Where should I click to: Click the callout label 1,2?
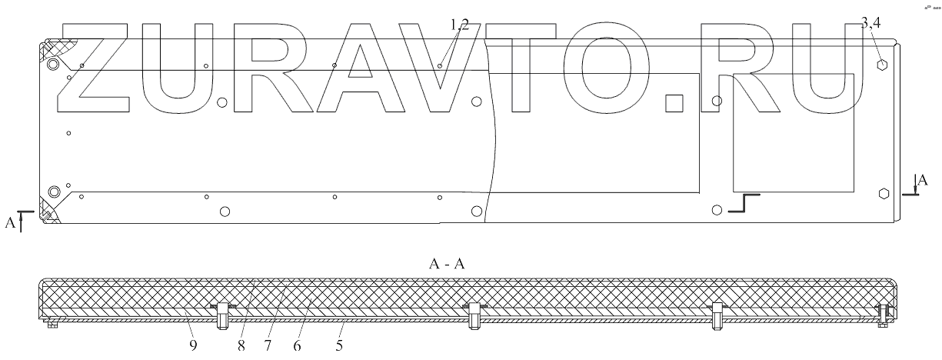[x=460, y=25]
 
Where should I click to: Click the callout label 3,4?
[x=870, y=25]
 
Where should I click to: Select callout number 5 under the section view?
[x=339, y=346]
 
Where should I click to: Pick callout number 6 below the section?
[x=297, y=346]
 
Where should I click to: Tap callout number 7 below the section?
[x=267, y=346]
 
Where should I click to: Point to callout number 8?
[x=241, y=346]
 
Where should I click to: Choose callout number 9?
[x=193, y=346]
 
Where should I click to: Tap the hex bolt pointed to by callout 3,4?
[x=883, y=63]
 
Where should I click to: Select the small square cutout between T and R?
[x=675, y=101]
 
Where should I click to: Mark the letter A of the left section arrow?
[x=10, y=222]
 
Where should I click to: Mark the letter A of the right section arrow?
[x=923, y=181]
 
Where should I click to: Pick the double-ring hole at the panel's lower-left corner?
[x=53, y=192]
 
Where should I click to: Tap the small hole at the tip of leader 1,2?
[x=439, y=66]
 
